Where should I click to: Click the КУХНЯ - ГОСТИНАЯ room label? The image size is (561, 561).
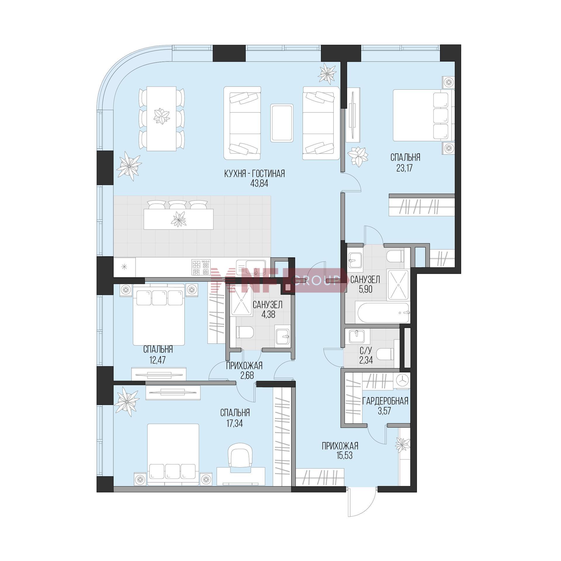coord(254,174)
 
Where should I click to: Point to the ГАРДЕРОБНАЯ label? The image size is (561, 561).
coord(385,401)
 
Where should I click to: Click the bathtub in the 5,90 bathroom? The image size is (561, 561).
coord(383,313)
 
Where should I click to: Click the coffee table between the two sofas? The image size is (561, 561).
coord(282,123)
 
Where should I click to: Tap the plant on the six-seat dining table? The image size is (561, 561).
coord(162,116)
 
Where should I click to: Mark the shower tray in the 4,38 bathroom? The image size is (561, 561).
coord(241,300)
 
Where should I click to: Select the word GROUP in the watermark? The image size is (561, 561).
coord(316,280)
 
